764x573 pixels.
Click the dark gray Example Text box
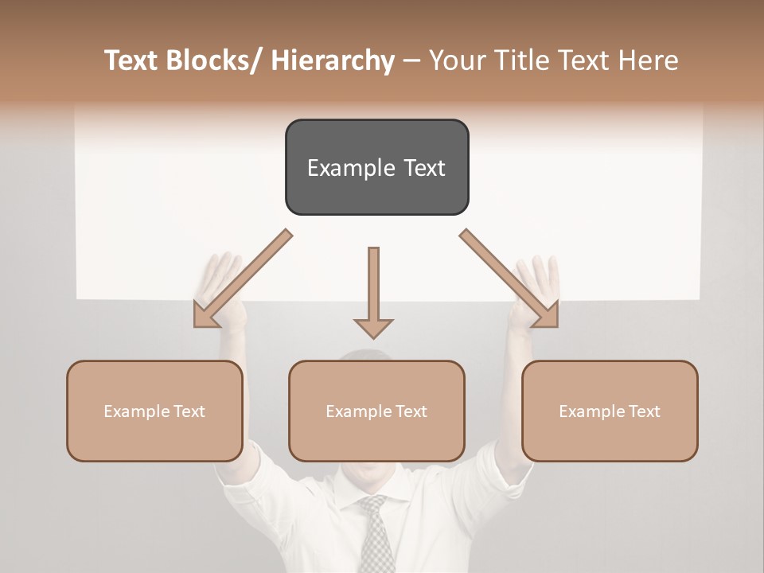376,167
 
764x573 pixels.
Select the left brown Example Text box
154,411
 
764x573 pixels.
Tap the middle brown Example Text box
376,411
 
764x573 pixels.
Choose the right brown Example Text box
610,411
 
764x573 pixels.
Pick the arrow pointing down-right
510,279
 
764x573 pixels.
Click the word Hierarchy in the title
332,60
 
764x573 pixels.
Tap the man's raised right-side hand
535,283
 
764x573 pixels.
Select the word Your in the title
457,60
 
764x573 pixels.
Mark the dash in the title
411,61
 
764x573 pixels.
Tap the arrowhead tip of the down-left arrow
197,325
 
